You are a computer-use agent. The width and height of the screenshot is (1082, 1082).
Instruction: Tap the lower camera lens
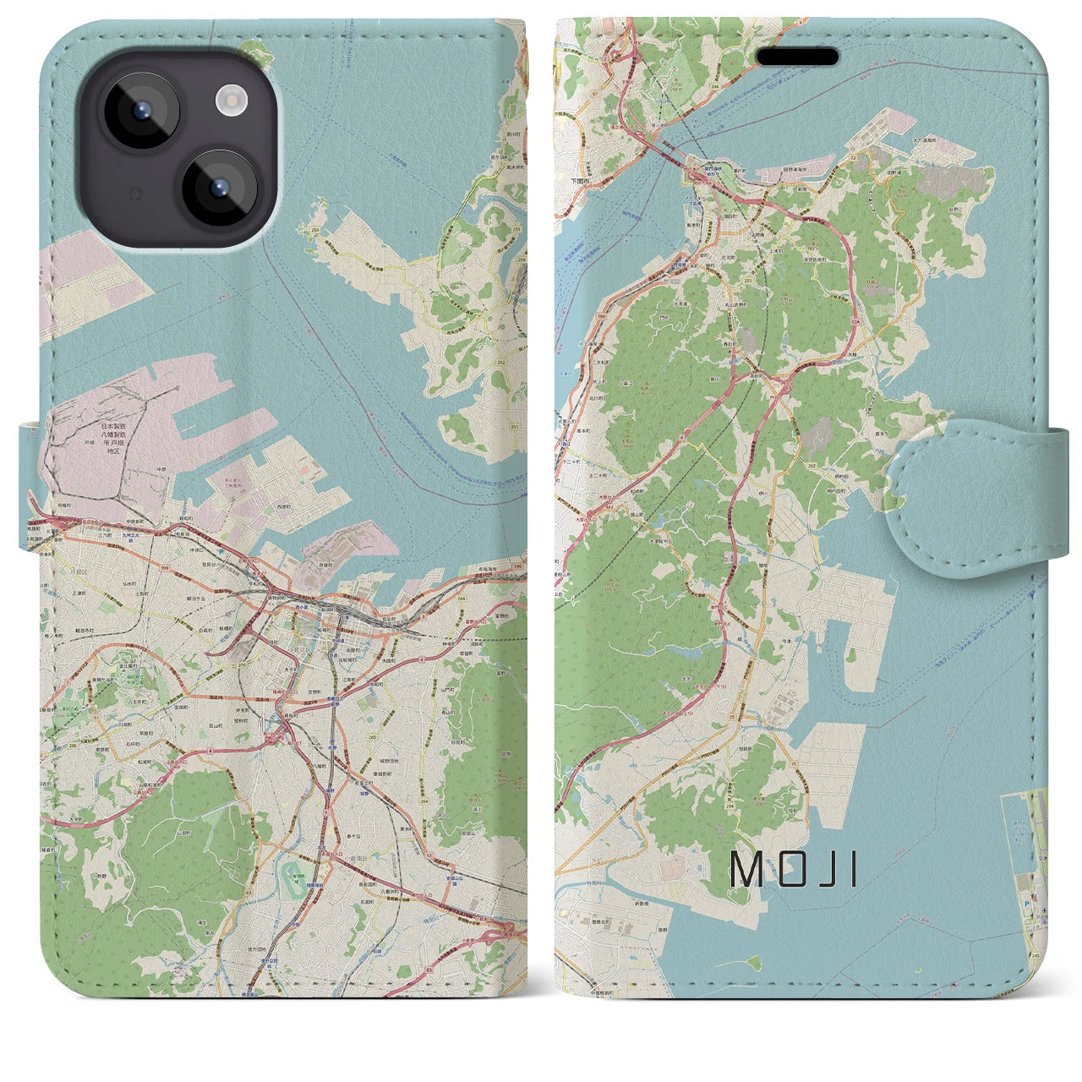[x=218, y=189]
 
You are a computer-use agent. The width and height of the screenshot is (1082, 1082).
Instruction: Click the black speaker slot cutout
[x=797, y=57]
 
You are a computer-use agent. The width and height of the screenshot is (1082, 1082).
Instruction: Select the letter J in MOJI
[x=817, y=868]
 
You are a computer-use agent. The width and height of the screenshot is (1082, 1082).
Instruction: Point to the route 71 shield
[x=793, y=764]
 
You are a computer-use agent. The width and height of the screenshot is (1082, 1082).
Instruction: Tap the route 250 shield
[x=315, y=230]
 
